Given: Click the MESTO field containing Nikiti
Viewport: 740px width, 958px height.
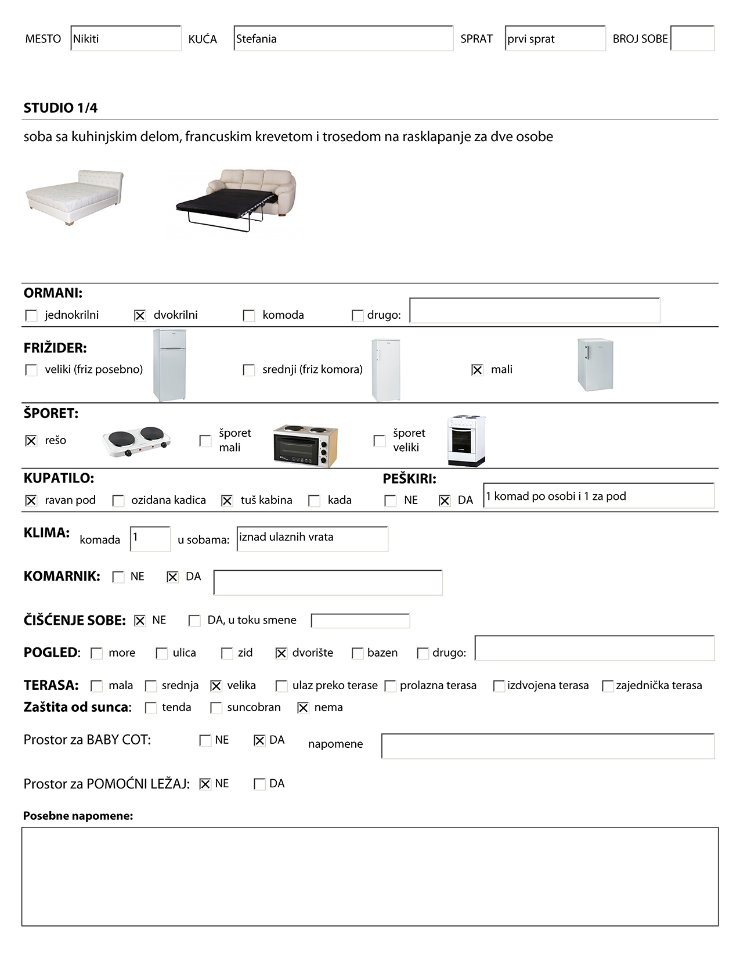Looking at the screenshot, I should pyautogui.click(x=125, y=39).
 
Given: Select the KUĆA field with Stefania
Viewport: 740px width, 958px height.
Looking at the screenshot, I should pyautogui.click(x=343, y=39).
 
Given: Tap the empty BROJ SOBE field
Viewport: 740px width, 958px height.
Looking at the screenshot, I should pyautogui.click(x=692, y=39).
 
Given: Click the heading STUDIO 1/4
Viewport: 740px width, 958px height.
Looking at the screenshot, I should pyautogui.click(x=60, y=108).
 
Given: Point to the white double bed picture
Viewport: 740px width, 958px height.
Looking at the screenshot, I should pyautogui.click(x=74, y=197).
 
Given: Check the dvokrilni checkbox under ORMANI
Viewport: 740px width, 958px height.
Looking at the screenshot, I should pyautogui.click(x=140, y=315).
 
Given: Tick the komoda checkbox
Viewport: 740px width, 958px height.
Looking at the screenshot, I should pyautogui.click(x=249, y=315).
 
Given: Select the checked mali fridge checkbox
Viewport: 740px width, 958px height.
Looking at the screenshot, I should pyautogui.click(x=477, y=370).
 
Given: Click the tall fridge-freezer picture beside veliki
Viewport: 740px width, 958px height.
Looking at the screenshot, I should pyautogui.click(x=169, y=365).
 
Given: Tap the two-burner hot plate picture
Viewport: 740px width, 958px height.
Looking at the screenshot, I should pyautogui.click(x=137, y=441).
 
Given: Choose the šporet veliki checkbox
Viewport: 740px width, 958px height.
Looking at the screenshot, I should pyautogui.click(x=380, y=441).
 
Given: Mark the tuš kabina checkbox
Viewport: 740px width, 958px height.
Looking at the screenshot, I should pyautogui.click(x=227, y=500).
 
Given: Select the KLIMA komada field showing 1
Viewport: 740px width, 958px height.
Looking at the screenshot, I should pyautogui.click(x=150, y=539).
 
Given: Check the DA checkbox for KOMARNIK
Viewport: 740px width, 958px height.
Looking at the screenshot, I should pyautogui.click(x=172, y=577).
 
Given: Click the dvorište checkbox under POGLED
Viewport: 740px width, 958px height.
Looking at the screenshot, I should pyautogui.click(x=281, y=653).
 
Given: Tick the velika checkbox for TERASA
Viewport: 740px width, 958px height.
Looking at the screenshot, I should pyautogui.click(x=216, y=686).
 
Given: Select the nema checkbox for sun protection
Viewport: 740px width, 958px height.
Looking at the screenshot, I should pyautogui.click(x=303, y=708).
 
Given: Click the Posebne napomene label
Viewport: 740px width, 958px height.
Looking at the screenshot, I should pyautogui.click(x=78, y=816).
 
